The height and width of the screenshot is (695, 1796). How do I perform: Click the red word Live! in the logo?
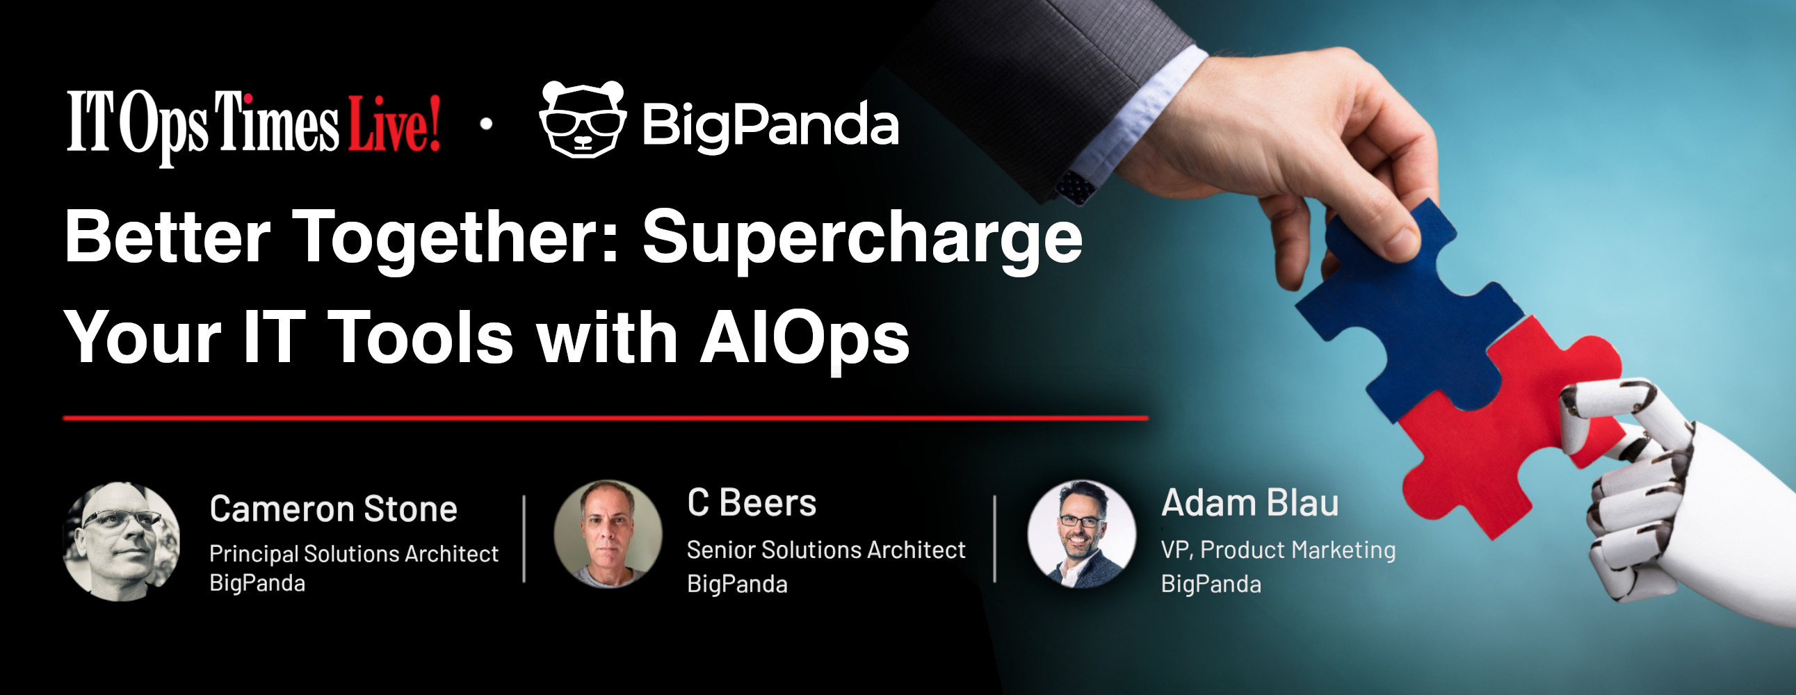pos(395,124)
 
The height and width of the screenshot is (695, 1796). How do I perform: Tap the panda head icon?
pos(583,120)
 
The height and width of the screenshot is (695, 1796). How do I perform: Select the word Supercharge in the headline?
pos(862,240)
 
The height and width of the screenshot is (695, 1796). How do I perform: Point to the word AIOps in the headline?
pos(804,337)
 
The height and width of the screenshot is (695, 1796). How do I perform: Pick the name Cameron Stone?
pos(333,509)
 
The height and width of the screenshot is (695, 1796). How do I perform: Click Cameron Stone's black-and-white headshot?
pos(121,541)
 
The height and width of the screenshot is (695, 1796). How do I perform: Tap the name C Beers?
pos(752,502)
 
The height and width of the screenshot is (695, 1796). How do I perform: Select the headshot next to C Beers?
pos(608,534)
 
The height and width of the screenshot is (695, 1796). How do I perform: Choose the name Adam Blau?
pos(1250,502)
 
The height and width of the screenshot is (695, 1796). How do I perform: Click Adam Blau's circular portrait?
pos(1082,534)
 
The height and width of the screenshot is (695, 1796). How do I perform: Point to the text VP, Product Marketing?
pos(1278,550)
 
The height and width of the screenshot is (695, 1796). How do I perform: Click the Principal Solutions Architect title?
pos(354,553)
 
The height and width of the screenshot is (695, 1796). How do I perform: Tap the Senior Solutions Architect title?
pos(826,550)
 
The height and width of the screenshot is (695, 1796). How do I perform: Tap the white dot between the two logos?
pos(487,124)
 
